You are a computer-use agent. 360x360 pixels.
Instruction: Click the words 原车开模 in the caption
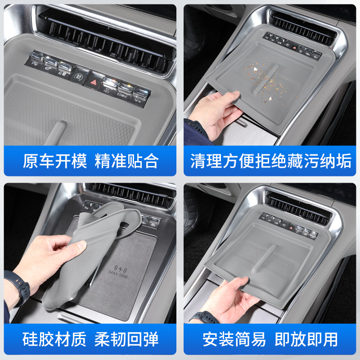pyautogui.click(x=55, y=161)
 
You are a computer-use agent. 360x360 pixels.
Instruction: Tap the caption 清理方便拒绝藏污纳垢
pyautogui.click(x=270, y=161)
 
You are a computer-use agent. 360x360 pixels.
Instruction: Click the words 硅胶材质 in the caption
pyautogui.click(x=55, y=339)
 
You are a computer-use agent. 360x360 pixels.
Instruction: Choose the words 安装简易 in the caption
pyautogui.click(x=234, y=339)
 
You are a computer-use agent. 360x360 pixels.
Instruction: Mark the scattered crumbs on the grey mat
pyautogui.click(x=265, y=81)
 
